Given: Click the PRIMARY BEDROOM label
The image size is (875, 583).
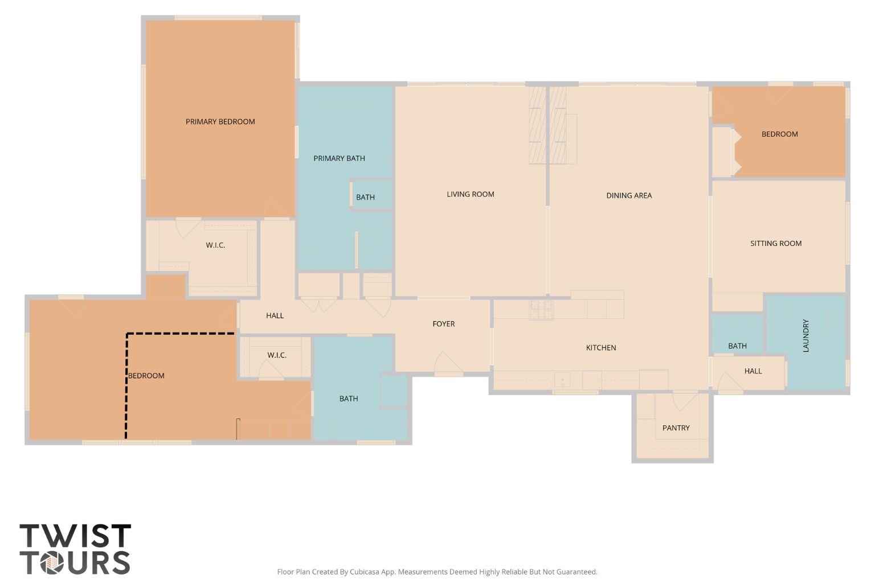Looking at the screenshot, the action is pos(220,122).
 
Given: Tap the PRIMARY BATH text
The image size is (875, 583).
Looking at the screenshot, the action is pos(339,158).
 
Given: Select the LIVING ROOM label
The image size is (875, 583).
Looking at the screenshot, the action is pos(471,195).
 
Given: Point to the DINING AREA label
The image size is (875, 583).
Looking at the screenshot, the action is pos(629,196).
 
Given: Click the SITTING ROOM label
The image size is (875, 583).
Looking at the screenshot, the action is pos(776,244).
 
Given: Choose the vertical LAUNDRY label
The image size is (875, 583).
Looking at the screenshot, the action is pos(806,336).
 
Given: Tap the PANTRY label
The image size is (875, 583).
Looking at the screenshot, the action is pos(676,428).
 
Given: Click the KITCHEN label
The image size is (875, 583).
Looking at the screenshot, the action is pos(601,348).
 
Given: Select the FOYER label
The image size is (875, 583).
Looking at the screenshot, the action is pos(443,324).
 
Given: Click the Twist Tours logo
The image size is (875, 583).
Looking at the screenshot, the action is pos(75,549).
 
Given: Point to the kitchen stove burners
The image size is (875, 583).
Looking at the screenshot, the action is pos(541,310).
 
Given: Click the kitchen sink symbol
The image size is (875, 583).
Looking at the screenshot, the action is pos(562,380).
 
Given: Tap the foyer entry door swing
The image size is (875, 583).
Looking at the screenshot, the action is pos(448,364).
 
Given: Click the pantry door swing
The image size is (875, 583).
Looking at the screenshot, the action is pos(684,401).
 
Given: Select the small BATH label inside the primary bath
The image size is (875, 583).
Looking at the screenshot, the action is pos(365,198).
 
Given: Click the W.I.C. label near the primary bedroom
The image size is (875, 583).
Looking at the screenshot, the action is pos(215,245).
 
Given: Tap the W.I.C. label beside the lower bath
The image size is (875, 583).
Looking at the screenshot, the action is pos(277,355).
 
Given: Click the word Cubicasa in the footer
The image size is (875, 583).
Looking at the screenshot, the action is pos(364,572).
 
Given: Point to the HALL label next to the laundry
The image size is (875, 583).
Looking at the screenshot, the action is pos(753,371).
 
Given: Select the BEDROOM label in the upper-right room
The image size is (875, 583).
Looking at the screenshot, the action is pos(779,134).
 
